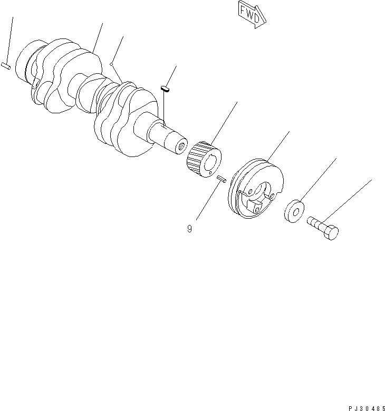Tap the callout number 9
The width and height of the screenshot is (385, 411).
(189, 229)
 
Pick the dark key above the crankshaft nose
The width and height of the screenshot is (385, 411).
(165, 89)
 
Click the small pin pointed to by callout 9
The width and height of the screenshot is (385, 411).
(221, 179)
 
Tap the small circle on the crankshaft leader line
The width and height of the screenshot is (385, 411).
(112, 65)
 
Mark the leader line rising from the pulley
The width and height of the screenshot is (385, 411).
(278, 145)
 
